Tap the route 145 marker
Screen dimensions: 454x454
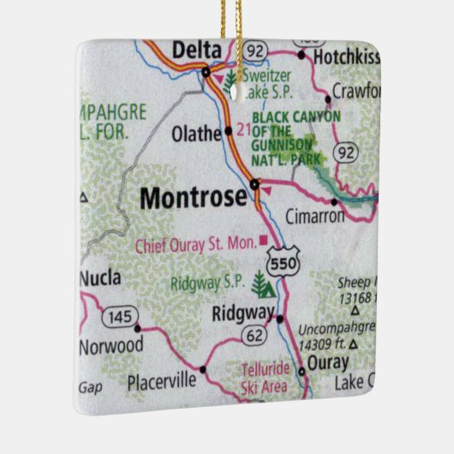tap(120, 318)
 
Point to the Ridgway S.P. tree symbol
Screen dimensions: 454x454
tap(260, 282)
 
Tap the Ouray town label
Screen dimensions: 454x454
tap(327, 363)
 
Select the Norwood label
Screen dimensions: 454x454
tap(111, 347)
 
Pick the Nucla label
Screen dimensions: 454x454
tap(100, 278)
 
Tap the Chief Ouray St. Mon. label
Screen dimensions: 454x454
tap(195, 246)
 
